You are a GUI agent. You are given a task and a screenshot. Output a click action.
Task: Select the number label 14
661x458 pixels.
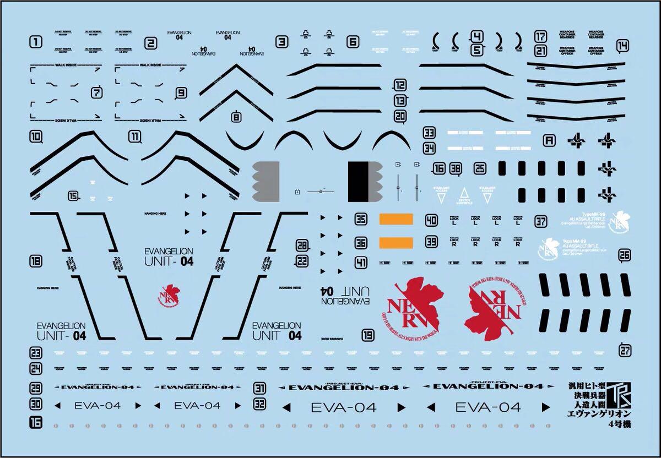point(622,46)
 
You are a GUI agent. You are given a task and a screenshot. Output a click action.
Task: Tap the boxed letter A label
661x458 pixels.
point(548,140)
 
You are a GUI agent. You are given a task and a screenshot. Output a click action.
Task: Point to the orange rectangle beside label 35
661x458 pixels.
point(395,219)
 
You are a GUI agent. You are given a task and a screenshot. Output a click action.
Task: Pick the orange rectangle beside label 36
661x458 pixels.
point(395,242)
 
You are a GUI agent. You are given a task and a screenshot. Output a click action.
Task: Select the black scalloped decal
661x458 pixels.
point(364,182)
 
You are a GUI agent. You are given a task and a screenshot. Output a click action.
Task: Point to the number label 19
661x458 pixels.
point(368,335)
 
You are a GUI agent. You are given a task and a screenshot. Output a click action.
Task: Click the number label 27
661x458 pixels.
point(625,349)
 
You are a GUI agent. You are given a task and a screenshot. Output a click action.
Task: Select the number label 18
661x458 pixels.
point(36,262)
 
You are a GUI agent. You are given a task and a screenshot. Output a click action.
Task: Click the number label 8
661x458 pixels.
point(236,116)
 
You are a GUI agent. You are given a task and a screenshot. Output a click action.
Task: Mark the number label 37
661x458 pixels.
point(541,222)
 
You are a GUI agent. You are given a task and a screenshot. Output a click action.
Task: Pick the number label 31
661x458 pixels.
point(260,388)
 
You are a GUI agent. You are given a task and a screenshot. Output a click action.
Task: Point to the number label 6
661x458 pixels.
point(353,41)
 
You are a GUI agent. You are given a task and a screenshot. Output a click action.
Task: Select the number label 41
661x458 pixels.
point(361,263)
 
